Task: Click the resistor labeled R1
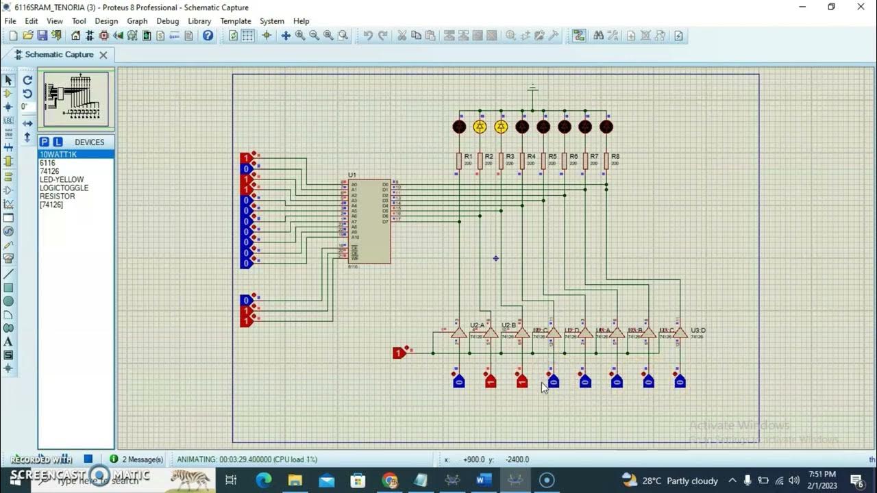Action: [459, 161]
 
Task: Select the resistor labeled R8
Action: [606, 161]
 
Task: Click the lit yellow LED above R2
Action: [480, 127]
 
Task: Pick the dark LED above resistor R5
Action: [543, 127]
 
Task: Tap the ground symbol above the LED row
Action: [532, 89]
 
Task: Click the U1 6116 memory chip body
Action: [369, 221]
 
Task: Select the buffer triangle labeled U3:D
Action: [680, 333]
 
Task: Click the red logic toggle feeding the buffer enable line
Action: [399, 353]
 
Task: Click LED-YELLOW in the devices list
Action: [62, 179]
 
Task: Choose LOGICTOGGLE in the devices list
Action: [64, 188]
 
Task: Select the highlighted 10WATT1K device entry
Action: [58, 155]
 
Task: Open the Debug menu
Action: [167, 21]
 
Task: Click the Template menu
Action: [235, 21]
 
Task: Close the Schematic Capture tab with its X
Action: [103, 55]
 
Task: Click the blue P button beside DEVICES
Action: [44, 142]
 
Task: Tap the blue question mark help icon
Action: [208, 36]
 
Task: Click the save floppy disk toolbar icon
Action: [42, 36]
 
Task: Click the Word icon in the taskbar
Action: [484, 480]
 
